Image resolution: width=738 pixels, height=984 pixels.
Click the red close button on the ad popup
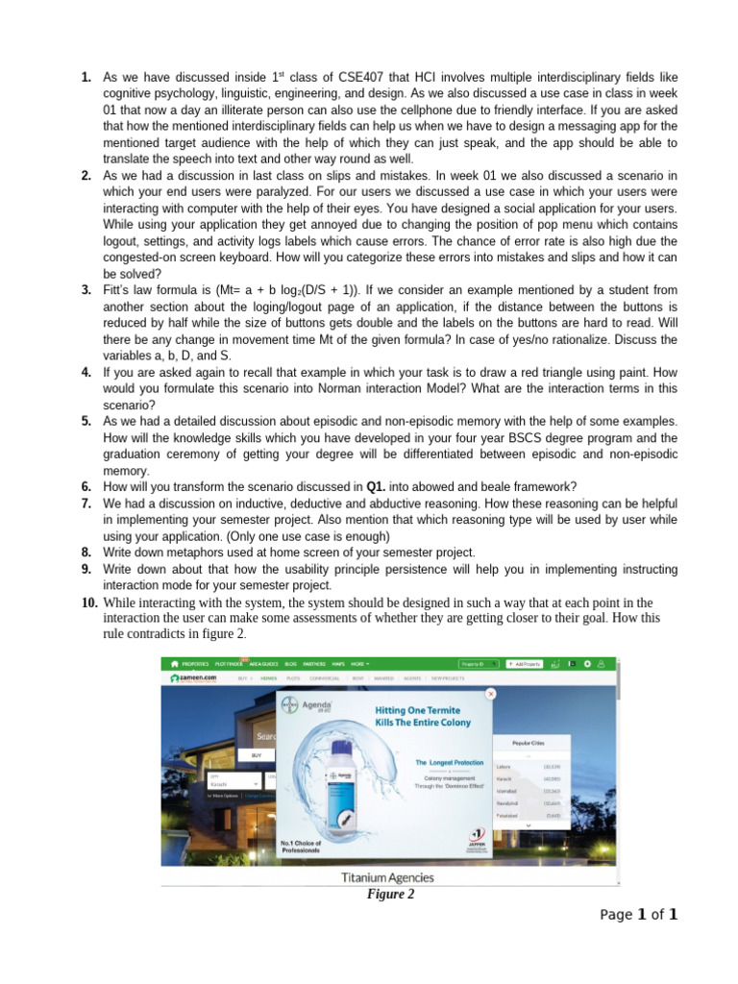[x=491, y=693]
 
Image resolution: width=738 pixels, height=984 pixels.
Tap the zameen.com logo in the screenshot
[x=194, y=677]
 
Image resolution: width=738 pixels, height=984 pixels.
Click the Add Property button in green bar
[x=525, y=663]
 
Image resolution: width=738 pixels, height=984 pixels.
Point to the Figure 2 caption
[x=390, y=894]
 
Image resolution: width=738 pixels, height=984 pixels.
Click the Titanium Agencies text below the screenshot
[x=388, y=877]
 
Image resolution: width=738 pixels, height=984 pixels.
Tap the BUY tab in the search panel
[x=257, y=756]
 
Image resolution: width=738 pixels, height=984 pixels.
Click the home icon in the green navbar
[x=174, y=663]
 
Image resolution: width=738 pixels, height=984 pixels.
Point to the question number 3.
[x=86, y=289]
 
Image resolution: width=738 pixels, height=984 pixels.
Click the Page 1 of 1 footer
[x=639, y=915]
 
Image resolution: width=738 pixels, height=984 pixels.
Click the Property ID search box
[x=480, y=663]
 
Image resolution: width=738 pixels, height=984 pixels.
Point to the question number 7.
[x=86, y=503]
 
